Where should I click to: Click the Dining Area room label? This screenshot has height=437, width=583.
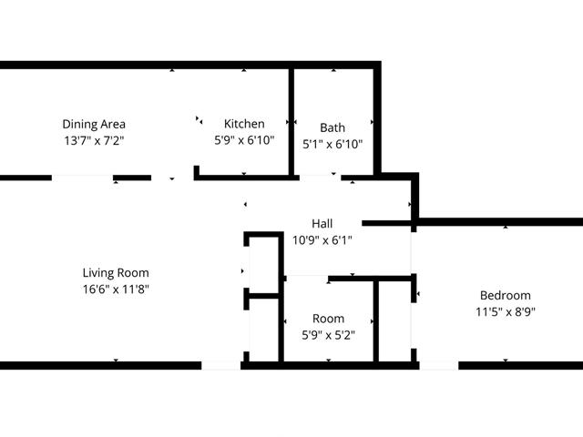pos(94,124)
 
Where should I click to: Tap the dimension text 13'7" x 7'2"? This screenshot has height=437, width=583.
pos(94,141)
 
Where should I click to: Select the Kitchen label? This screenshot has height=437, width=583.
pos(244,124)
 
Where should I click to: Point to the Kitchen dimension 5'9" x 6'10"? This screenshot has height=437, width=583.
pos(244,140)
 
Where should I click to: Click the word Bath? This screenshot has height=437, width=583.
pos(332,127)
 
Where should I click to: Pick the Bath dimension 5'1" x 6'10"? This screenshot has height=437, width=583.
pos(332,144)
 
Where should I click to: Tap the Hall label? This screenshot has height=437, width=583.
pos(322,224)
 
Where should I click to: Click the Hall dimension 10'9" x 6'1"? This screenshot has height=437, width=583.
pos(322,240)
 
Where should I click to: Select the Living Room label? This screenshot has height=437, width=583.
pos(116,273)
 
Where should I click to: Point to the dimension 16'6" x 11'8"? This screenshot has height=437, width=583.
pos(116,290)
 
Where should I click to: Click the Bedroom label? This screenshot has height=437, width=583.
pos(506,295)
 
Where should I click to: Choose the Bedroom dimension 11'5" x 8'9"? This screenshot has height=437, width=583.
pos(506,311)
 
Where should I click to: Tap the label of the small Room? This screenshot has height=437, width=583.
pos(328,319)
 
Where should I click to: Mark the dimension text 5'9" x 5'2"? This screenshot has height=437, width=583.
pos(328,335)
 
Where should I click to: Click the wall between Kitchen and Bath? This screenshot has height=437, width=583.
pos(291,122)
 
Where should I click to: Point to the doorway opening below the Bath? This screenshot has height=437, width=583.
pos(320,178)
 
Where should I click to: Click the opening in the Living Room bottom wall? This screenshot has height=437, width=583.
pos(220,365)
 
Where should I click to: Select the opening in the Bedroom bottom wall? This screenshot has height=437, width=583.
pos(439,365)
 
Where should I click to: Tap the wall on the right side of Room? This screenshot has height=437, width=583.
pos(376,321)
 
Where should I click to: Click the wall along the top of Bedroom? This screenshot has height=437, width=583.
pos(499,222)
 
